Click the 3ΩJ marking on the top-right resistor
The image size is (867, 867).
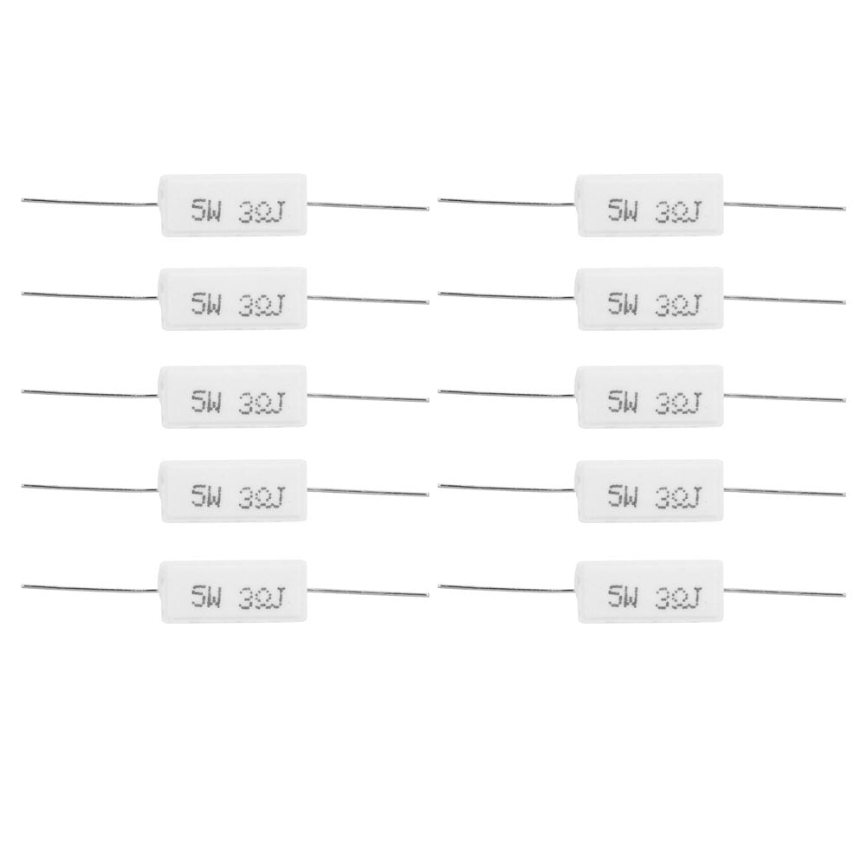coord(680,210)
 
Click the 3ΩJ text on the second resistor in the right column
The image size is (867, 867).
coord(680,305)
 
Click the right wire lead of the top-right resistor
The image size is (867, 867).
coord(784,207)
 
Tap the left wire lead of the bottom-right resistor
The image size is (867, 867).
coord(507,587)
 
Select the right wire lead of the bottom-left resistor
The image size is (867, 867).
coord(368,593)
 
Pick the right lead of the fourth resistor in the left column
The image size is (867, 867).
coord(368,493)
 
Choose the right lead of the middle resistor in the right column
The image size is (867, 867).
coord(784,398)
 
